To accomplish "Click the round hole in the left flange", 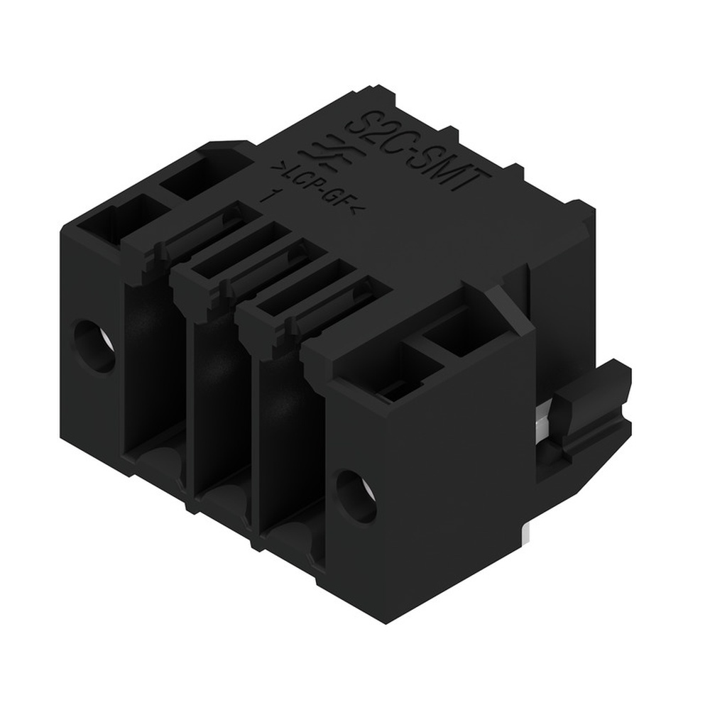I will point(94,346).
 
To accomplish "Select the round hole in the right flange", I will point(355,495).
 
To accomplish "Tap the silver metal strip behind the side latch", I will point(541,426).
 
